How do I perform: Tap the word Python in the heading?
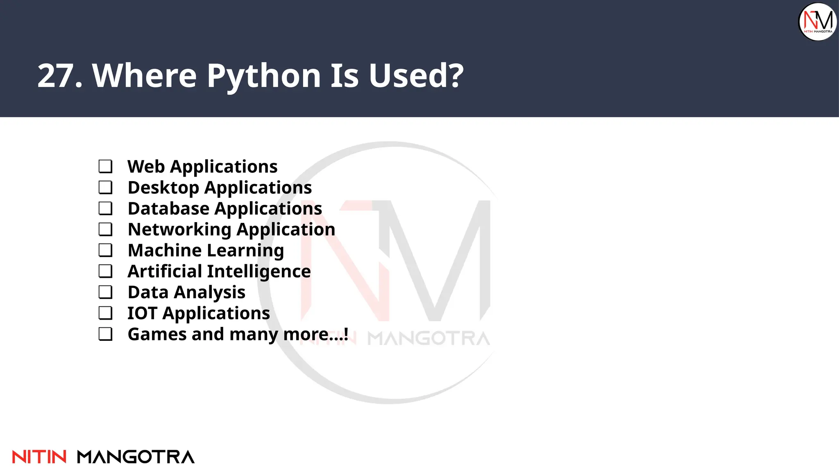(264, 77)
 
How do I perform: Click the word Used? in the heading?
(416, 76)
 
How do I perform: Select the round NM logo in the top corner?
(818, 22)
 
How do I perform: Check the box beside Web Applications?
(105, 166)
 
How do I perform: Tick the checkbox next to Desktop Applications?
(105, 187)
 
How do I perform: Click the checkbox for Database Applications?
(105, 208)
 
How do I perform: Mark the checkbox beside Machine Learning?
(105, 250)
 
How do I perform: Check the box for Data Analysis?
(105, 292)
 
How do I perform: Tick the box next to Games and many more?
(105, 334)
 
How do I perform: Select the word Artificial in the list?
(165, 271)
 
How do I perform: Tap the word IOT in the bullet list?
(142, 313)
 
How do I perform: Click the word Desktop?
(163, 188)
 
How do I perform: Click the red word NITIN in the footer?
(39, 457)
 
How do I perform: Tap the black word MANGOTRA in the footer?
(136, 457)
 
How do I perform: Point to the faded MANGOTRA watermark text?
(429, 339)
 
